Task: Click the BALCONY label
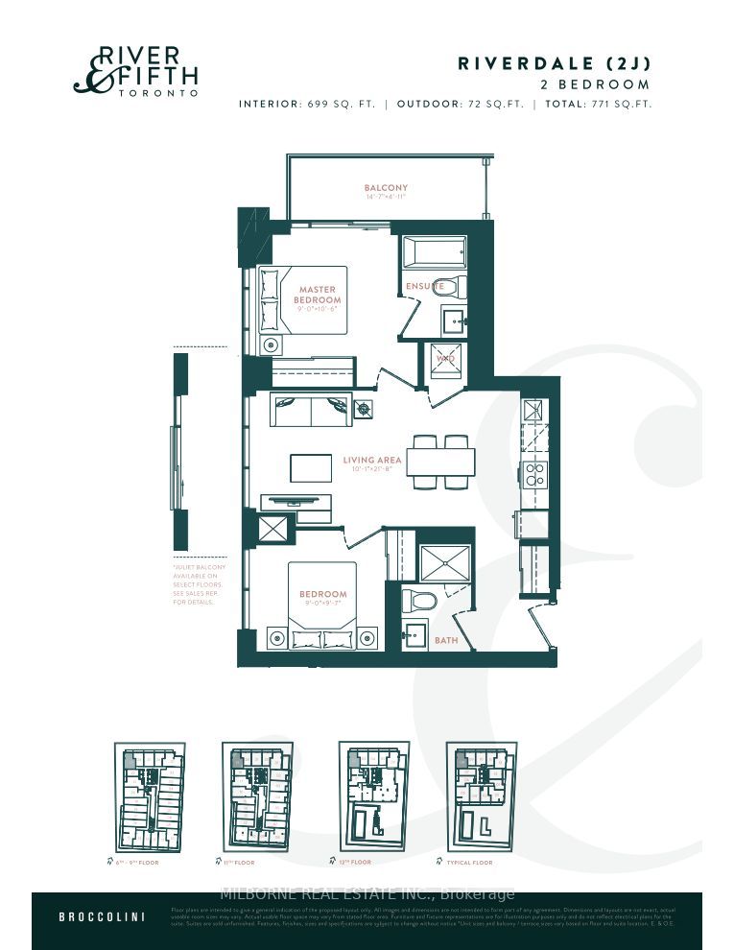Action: [386, 188]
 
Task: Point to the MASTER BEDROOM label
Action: [317, 295]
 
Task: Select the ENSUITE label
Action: [425, 286]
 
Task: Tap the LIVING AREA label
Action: [371, 461]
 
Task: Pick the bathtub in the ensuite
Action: [433, 252]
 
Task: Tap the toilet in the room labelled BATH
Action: [419, 601]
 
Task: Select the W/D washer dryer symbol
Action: [445, 358]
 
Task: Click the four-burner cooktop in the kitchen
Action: [533, 473]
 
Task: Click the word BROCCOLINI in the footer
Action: [102, 916]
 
